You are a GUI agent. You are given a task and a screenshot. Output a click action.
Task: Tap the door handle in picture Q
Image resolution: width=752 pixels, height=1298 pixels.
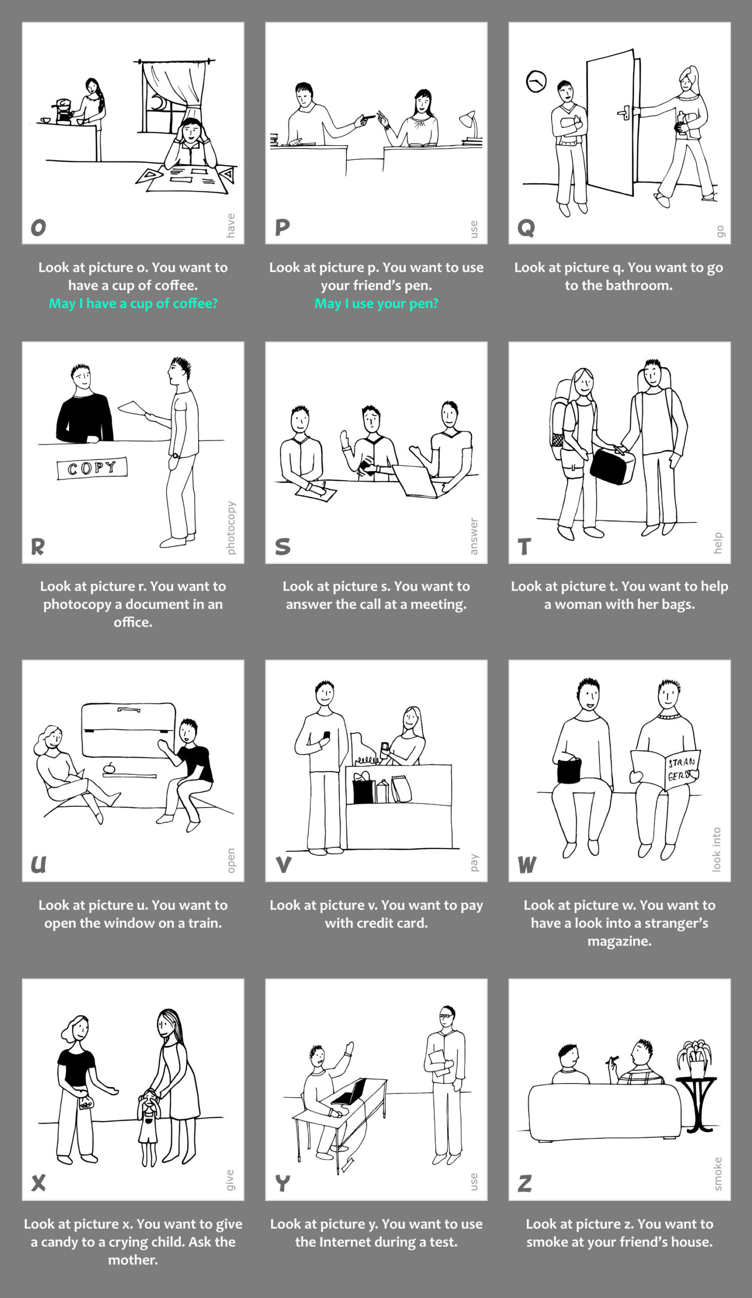tap(624, 112)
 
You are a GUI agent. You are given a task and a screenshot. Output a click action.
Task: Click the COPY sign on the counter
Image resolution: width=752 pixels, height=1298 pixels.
tap(92, 467)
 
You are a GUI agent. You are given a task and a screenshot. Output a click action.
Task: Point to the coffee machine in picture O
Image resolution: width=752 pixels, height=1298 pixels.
tap(62, 111)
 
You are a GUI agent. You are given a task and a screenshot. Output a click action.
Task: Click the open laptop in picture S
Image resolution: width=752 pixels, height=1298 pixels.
tap(415, 481)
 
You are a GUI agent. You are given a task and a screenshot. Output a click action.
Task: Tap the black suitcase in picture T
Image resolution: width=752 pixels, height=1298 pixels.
tap(612, 465)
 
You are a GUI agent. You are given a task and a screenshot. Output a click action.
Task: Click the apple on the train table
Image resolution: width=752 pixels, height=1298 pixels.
tap(109, 768)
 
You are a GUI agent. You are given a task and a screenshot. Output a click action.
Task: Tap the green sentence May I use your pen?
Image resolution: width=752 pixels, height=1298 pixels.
tap(377, 303)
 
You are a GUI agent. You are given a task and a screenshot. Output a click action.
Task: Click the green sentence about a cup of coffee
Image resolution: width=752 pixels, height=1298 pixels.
tap(133, 303)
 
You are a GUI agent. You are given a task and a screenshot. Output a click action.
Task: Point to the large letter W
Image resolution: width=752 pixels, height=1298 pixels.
tap(527, 864)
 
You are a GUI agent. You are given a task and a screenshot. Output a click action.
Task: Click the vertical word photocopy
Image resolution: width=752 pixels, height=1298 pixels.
tap(231, 527)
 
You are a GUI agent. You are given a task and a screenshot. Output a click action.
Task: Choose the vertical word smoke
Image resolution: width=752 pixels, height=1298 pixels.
tap(718, 1174)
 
